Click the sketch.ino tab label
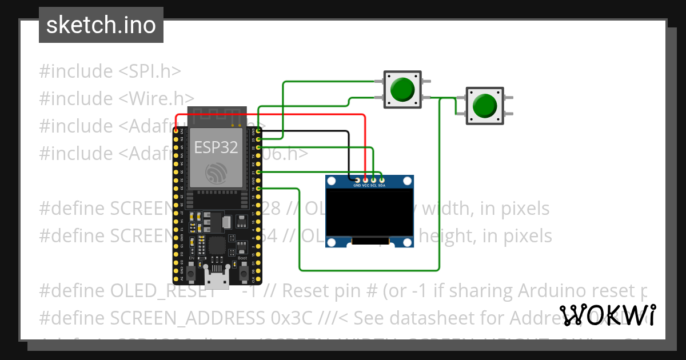pyautogui.click(x=101, y=25)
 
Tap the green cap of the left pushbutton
pyautogui.click(x=402, y=89)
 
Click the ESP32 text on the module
pyautogui.click(x=216, y=147)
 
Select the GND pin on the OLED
pyautogui.click(x=357, y=180)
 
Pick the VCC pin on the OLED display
pyautogui.click(x=365, y=180)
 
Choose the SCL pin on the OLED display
pyautogui.click(x=373, y=180)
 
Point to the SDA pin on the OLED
pyautogui.click(x=381, y=180)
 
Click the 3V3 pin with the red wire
pyautogui.click(x=176, y=131)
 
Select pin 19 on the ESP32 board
pyautogui.click(x=258, y=188)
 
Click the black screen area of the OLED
pyautogui.click(x=369, y=214)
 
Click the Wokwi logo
pyautogui.click(x=608, y=315)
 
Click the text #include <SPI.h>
pyautogui.click(x=110, y=71)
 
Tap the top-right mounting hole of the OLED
pyautogui.click(x=406, y=182)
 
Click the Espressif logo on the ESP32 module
pyautogui.click(x=216, y=172)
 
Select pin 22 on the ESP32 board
pyautogui.click(x=258, y=147)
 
